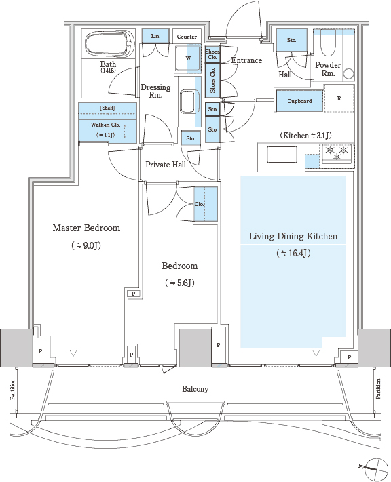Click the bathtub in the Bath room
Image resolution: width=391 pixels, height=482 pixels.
110,43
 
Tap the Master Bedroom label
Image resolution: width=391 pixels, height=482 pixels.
86,228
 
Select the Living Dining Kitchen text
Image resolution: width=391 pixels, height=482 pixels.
293,236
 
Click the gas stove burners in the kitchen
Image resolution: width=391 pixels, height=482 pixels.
337,153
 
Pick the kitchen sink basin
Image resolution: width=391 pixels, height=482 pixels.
282,155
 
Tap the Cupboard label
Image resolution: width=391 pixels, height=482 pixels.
299,101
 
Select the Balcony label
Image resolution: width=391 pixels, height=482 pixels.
195,389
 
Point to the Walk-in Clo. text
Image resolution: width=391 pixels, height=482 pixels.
105,125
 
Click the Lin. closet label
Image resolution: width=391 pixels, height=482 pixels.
155,36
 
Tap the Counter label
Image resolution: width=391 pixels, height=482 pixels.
187,37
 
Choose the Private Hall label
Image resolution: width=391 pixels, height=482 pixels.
166,165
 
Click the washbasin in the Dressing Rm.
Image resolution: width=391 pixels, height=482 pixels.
188,101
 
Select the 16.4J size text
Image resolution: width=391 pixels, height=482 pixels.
294,253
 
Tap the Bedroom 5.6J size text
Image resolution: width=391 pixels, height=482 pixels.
180,283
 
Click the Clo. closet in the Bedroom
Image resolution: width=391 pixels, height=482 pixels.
206,204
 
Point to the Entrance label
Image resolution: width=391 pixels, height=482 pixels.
246,60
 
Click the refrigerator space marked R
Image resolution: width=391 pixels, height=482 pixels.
339,98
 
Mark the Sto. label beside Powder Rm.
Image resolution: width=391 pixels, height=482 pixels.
292,40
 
